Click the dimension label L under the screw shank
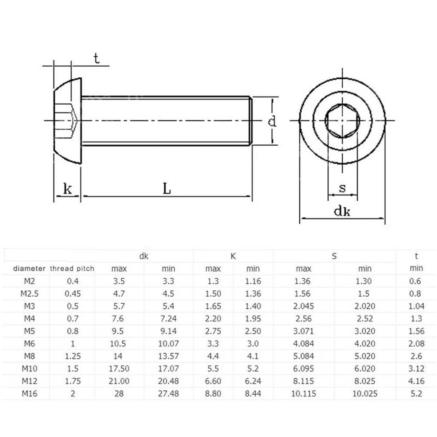point(167,188)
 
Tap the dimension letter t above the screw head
point(97,58)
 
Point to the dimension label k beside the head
point(68,189)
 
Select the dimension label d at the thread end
point(272,121)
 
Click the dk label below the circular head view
point(342,211)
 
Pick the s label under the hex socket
point(342,188)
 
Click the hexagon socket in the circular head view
point(342,121)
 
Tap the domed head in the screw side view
point(68,121)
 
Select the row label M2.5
point(29,294)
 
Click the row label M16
point(29,393)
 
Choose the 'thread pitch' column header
point(72,269)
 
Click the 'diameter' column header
point(29,269)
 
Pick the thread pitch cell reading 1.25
point(73,356)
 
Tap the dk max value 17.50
point(119,369)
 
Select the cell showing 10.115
point(303,393)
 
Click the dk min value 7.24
point(168,319)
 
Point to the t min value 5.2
point(416,393)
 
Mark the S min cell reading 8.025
point(365,381)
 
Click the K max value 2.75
point(213,331)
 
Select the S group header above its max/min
point(334,256)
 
